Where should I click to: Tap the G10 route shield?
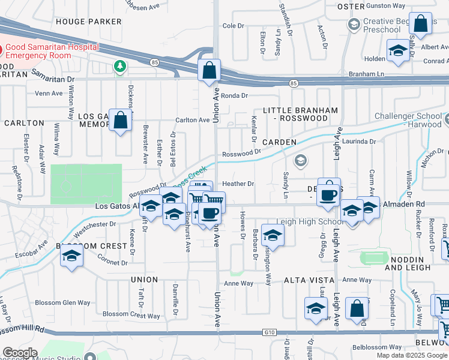click(x=268, y=332)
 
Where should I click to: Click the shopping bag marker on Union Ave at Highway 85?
click(x=208, y=71)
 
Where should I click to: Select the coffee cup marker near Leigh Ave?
click(x=328, y=195)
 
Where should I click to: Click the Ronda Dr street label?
click(x=234, y=95)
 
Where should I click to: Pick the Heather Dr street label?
click(x=238, y=184)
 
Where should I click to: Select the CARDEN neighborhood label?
click(x=279, y=142)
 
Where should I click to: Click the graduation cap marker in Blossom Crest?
click(x=71, y=256)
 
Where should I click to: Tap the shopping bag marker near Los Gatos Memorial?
click(x=121, y=121)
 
